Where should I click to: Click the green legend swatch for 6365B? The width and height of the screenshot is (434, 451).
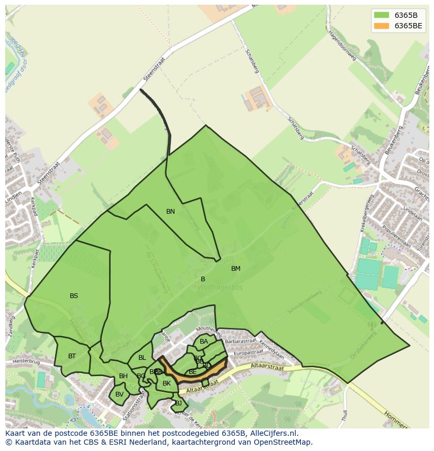pos(382,15)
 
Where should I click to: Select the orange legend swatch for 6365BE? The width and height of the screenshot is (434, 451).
pos(382,26)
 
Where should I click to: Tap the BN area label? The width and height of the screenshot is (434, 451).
pos(170,212)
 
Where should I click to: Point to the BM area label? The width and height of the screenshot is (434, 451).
pos(236,269)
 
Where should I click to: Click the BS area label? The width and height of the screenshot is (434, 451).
pos(74,296)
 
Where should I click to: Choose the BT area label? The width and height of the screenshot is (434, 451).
pos(72,356)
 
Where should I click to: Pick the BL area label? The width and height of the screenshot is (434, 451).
pos(142,358)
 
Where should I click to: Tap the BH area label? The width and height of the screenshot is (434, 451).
pos(123,376)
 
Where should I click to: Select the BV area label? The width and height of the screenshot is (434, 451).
pos(120,394)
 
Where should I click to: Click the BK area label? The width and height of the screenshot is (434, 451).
pos(167,383)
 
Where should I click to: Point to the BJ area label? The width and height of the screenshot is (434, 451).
pos(178,403)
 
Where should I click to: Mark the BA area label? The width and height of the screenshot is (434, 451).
pos(204,342)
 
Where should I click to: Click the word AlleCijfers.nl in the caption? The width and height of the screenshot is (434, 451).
pos(273,433)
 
